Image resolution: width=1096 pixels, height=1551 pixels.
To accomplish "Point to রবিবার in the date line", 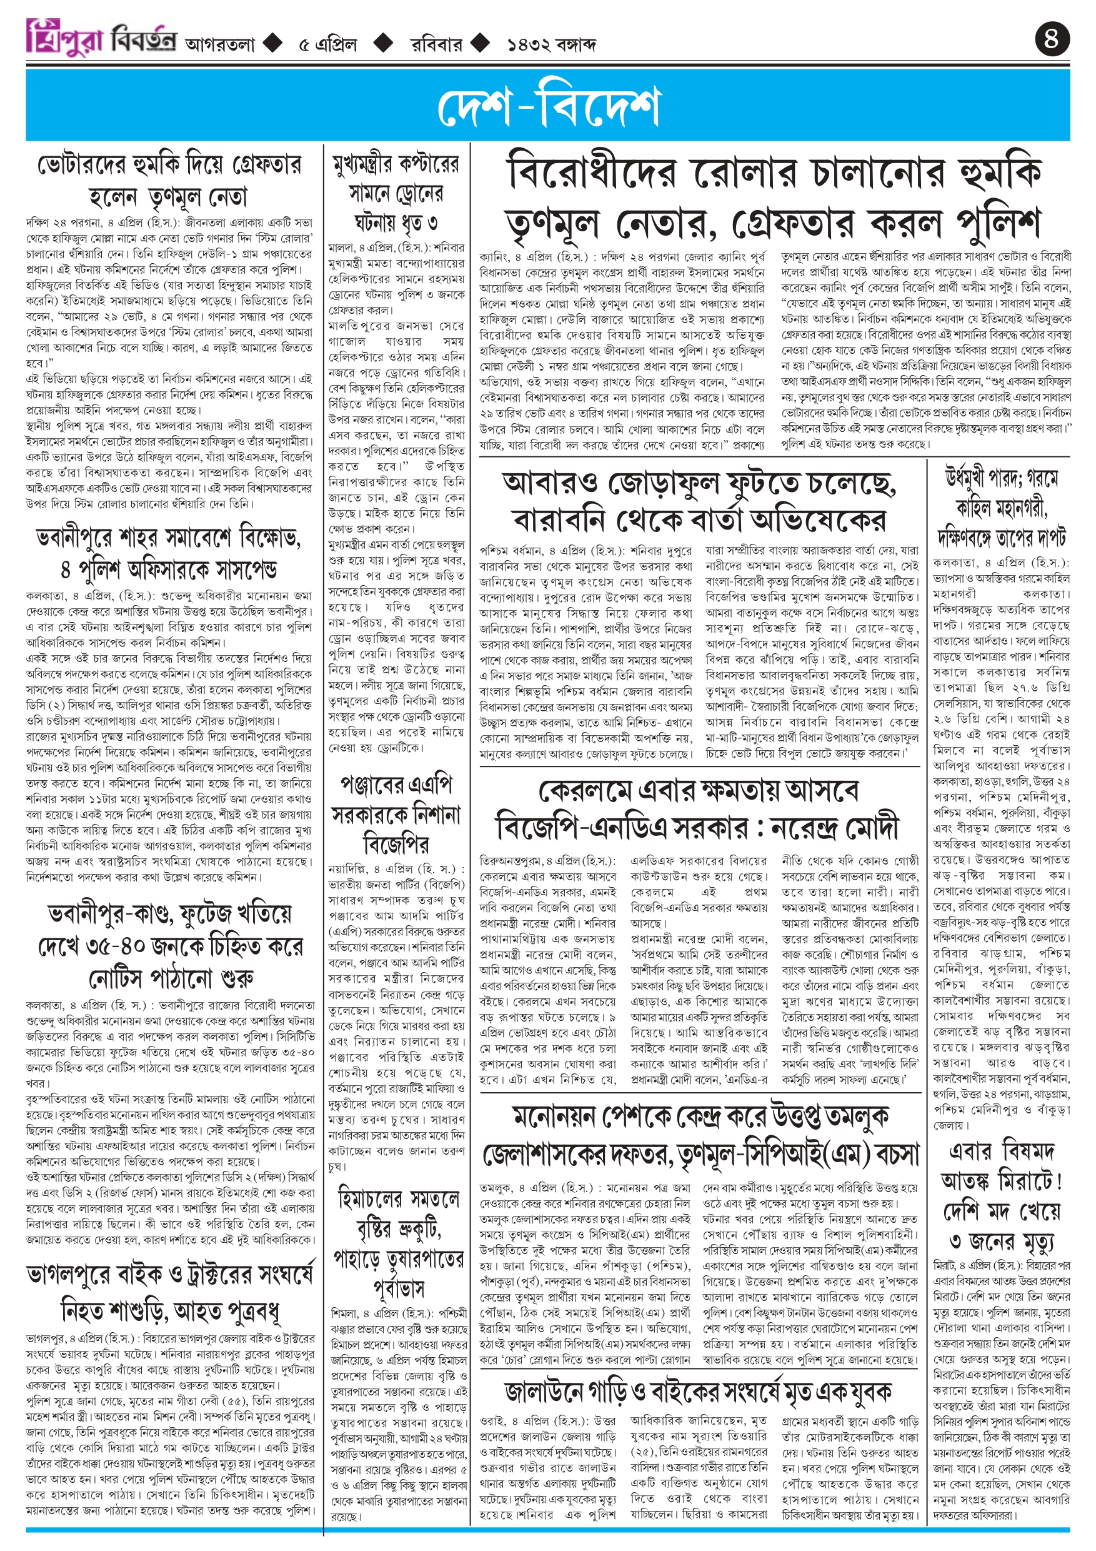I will pyautogui.click(x=437, y=44).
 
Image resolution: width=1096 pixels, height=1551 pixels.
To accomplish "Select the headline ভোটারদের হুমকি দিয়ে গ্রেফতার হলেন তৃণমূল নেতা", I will pyautogui.click(x=169, y=181).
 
